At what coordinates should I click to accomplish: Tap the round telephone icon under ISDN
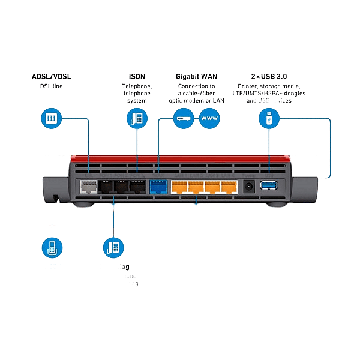[137, 118]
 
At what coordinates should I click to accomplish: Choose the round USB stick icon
[268, 118]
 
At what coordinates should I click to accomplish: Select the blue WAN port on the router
[158, 187]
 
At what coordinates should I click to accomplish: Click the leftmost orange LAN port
[180, 187]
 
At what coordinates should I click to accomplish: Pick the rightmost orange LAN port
[229, 187]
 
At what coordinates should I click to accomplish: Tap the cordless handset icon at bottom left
[52, 247]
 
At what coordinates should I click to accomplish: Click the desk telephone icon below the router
[112, 247]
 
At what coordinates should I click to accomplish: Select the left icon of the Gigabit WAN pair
[182, 118]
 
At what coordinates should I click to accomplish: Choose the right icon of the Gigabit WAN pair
[208, 118]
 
